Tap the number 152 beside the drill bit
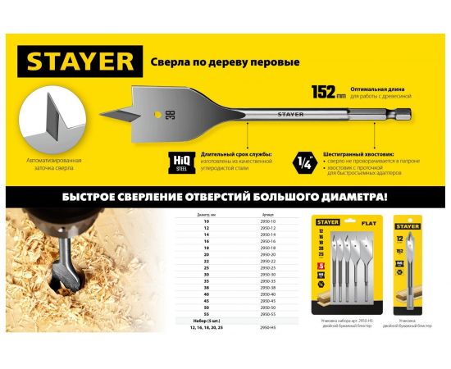pyautogui.click(x=323, y=90)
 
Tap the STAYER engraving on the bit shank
pyautogui.click(x=290, y=115)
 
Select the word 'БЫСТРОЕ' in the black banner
pyautogui.click(x=78, y=198)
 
